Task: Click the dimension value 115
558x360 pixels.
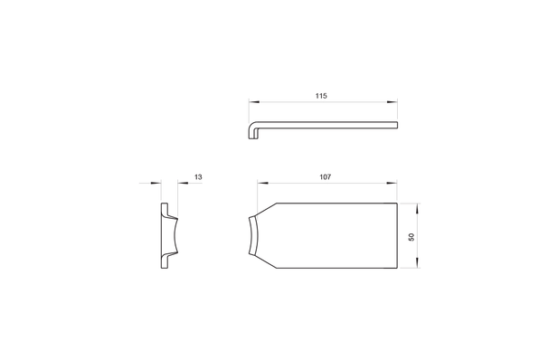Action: click(321, 96)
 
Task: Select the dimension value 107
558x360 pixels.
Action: click(325, 177)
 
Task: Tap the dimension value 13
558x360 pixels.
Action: click(198, 177)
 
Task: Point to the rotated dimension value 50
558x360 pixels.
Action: click(411, 237)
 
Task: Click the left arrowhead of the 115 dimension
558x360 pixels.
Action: click(254, 102)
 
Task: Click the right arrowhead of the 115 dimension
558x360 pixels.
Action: click(392, 102)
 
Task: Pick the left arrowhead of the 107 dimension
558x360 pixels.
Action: click(262, 184)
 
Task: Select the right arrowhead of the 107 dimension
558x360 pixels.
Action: click(392, 184)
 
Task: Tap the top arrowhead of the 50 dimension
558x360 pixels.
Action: click(417, 208)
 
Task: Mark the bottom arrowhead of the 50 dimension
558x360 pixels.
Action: click(417, 263)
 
